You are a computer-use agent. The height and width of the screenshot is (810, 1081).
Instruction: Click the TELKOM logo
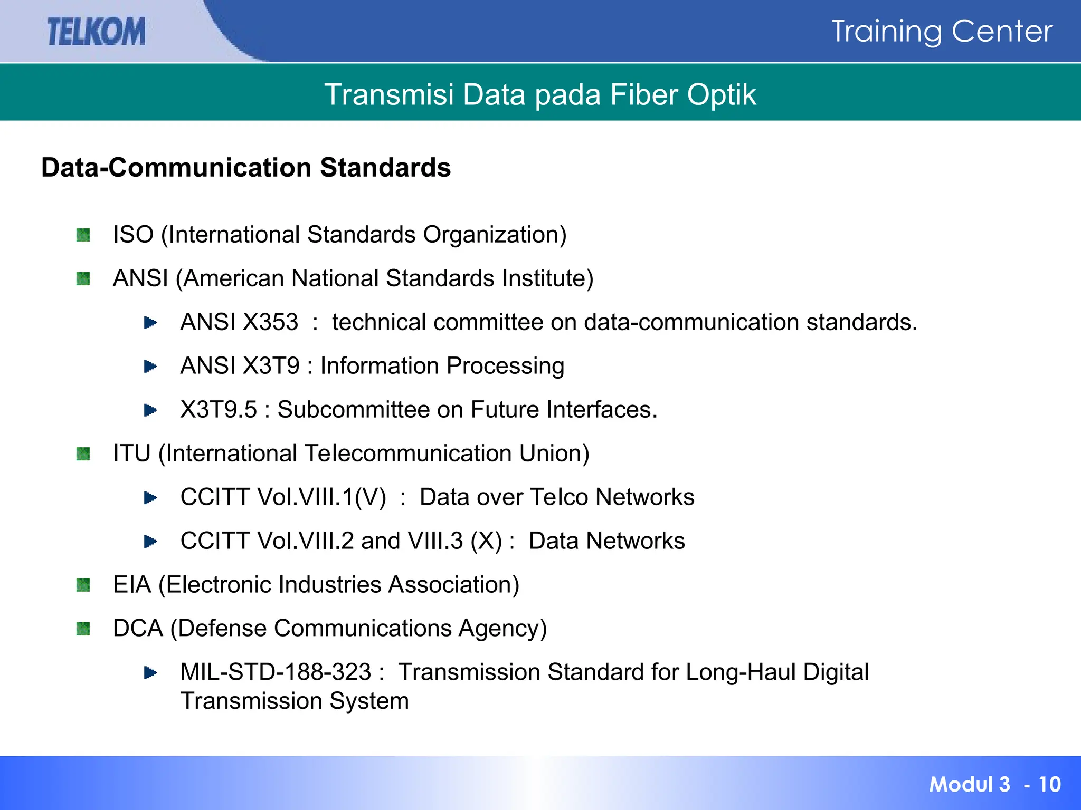(96, 31)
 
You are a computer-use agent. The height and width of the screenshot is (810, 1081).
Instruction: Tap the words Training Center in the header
(942, 31)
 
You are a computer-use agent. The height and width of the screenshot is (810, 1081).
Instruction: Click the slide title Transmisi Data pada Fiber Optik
(540, 95)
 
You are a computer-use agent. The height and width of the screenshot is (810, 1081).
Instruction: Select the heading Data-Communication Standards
(246, 168)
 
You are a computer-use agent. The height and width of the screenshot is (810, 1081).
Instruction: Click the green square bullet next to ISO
(83, 235)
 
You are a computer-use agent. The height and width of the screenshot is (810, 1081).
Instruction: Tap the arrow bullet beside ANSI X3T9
(150, 367)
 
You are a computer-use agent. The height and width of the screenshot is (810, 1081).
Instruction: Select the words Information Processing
(442, 366)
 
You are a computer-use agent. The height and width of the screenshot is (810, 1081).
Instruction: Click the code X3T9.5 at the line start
(219, 410)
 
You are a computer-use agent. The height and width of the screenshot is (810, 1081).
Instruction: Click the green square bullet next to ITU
(83, 454)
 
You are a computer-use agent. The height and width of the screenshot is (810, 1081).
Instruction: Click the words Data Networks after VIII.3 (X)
(606, 541)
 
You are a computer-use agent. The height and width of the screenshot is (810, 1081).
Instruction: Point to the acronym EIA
(132, 585)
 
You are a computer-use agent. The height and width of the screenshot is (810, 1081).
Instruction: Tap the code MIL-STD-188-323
(276, 672)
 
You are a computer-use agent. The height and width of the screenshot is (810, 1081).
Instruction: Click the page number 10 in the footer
(1049, 784)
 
